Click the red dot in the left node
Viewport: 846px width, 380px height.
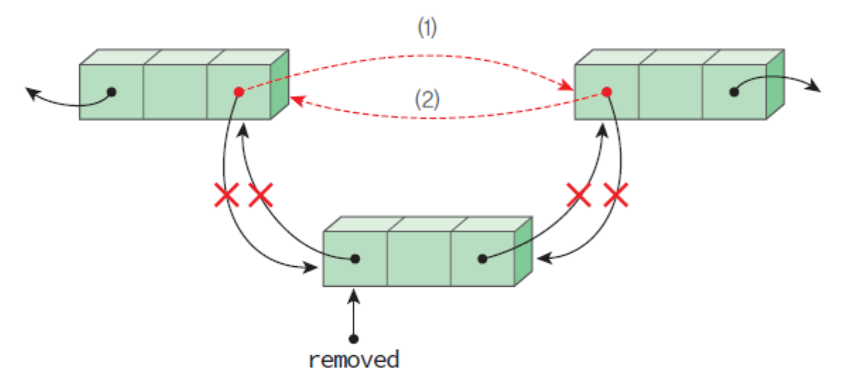pos(239,92)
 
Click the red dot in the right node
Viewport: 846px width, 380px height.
pos(606,92)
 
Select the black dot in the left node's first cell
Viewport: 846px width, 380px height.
pos(111,92)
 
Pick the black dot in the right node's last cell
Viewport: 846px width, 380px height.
pos(734,92)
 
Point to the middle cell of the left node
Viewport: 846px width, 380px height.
pos(175,92)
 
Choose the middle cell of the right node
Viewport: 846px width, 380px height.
pos(670,92)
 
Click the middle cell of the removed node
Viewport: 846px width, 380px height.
pos(419,259)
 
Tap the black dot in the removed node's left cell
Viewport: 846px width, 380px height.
pos(355,259)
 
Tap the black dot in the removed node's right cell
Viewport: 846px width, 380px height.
pos(483,259)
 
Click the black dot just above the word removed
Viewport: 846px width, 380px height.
pos(355,338)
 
